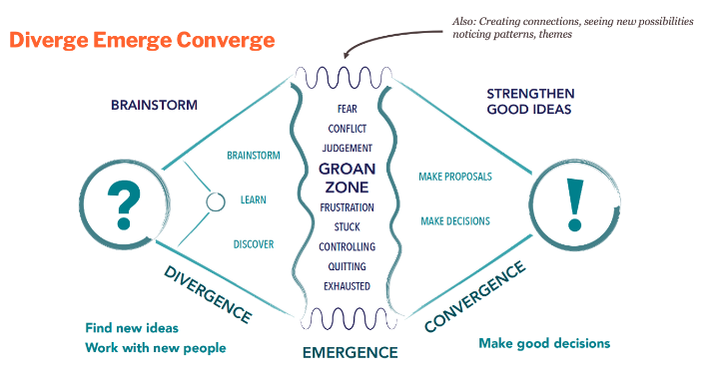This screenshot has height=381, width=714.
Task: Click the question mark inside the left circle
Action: tap(124, 202)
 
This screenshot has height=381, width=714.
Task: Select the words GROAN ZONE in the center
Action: tap(347, 178)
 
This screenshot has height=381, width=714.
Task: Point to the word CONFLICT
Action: tap(347, 129)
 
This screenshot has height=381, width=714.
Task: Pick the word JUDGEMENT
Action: tap(347, 148)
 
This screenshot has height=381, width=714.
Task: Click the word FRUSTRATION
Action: tap(347, 207)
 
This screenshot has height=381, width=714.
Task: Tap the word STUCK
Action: tap(347, 226)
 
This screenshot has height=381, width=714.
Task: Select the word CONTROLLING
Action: tap(347, 246)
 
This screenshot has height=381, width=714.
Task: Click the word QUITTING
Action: tap(347, 266)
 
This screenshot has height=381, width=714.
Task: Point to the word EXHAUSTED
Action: tap(347, 286)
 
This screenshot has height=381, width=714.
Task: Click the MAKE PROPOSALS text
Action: tap(455, 177)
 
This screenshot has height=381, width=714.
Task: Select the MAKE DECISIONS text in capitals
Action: tap(455, 220)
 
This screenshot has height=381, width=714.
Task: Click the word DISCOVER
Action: tap(254, 244)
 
